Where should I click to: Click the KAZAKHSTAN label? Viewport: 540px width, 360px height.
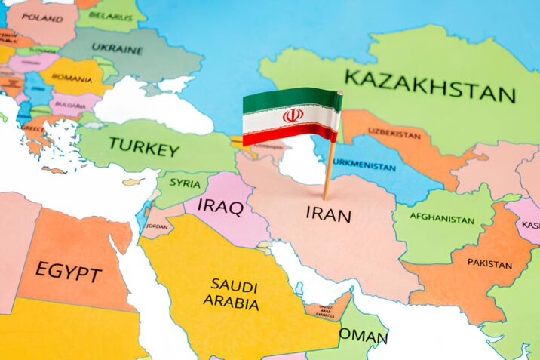pos(430,85)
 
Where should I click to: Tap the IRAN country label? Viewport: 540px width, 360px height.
pos(328,214)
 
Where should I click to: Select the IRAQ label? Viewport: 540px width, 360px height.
pos(219,205)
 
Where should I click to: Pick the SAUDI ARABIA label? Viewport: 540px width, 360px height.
pos(234,294)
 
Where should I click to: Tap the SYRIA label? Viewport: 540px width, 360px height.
pos(185,183)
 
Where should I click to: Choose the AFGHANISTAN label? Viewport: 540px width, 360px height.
pos(442,219)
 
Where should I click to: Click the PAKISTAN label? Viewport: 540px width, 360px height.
pos(489,263)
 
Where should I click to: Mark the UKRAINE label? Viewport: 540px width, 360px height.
pos(117,48)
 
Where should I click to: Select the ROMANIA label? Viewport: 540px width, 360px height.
pos(72,78)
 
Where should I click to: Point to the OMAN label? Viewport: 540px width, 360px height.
pos(363,335)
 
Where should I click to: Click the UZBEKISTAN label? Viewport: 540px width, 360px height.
pos(394,134)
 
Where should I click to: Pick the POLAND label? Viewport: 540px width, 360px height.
pos(42,17)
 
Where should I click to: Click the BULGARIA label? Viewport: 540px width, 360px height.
pos(69,106)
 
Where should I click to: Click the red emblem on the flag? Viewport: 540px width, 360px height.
pos(293,115)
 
